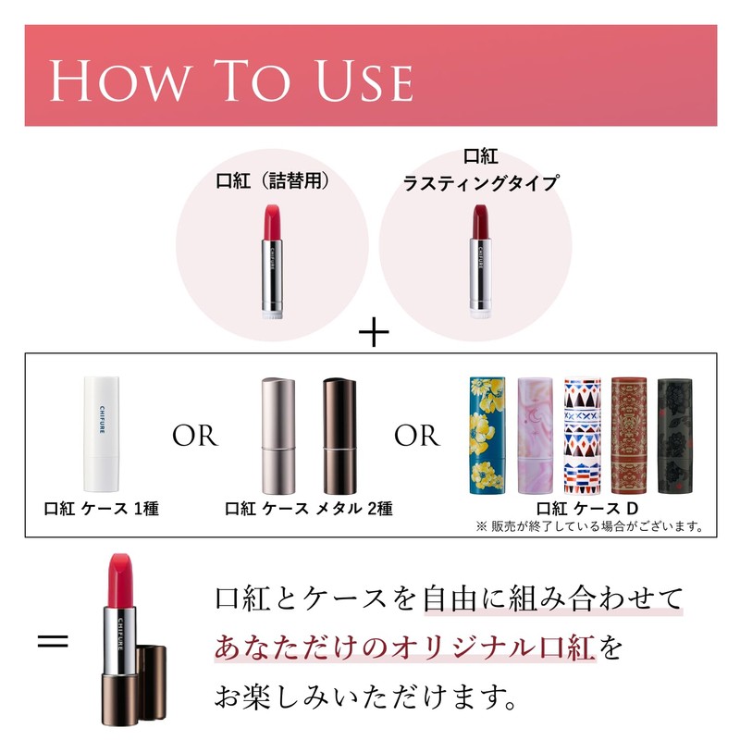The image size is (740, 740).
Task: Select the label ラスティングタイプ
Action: click(x=480, y=183)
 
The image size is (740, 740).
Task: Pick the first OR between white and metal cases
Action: click(x=194, y=436)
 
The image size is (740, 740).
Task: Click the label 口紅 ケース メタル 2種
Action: click(x=308, y=509)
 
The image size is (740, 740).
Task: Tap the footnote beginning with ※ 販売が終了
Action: click(x=590, y=527)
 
